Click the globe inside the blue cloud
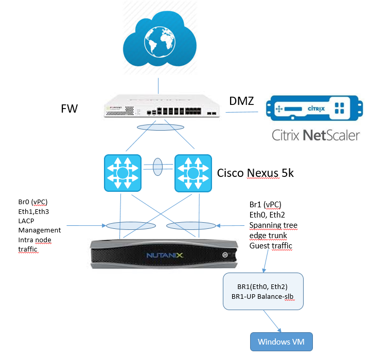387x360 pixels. (x=160, y=42)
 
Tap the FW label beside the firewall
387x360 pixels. (x=69, y=109)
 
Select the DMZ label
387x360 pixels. (x=241, y=101)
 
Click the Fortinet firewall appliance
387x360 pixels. (x=162, y=106)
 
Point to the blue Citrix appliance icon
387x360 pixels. (x=314, y=108)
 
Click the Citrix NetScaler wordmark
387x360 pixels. (x=315, y=135)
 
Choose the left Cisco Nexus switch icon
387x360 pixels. (x=122, y=173)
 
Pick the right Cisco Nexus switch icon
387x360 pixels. (x=193, y=173)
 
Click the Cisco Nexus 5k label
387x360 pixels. (x=255, y=173)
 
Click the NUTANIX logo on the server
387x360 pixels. (x=165, y=255)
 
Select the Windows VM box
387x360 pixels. (x=282, y=342)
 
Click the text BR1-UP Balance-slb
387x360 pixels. (x=263, y=296)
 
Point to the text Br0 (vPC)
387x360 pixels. (x=33, y=202)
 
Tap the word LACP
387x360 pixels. (x=26, y=221)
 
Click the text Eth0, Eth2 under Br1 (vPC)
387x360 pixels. (x=267, y=215)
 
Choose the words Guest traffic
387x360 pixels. (x=271, y=246)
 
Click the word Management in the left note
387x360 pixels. (x=40, y=230)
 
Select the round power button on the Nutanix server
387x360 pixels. (x=225, y=255)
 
